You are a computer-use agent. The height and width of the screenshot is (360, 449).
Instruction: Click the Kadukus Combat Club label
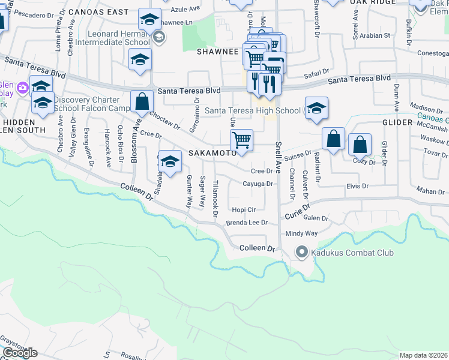pyautogui.click(x=352, y=253)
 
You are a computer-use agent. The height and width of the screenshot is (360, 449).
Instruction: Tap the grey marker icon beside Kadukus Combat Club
pyautogui.click(x=302, y=253)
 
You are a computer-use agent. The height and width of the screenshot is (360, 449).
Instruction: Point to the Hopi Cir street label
pyautogui.click(x=244, y=210)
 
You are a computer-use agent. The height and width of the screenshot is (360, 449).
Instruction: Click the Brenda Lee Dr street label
pyautogui.click(x=246, y=223)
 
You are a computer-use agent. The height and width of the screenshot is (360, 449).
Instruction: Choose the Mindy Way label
pyautogui.click(x=301, y=233)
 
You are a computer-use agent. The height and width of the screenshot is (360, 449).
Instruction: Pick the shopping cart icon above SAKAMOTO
pyautogui.click(x=241, y=140)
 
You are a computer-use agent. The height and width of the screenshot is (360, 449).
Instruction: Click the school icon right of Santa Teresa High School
pyautogui.click(x=316, y=108)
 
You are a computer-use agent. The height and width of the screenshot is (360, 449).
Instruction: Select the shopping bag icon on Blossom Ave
pyautogui.click(x=142, y=101)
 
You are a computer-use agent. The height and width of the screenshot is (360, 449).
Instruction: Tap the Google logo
pyautogui.click(x=20, y=353)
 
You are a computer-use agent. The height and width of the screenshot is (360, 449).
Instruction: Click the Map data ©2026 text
pyautogui.click(x=424, y=355)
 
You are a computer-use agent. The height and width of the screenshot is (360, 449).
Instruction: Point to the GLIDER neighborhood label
pyautogui.click(x=397, y=122)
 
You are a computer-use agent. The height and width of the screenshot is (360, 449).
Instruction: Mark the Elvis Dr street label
pyautogui.click(x=357, y=187)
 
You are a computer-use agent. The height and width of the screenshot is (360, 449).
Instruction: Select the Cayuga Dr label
pyautogui.click(x=258, y=184)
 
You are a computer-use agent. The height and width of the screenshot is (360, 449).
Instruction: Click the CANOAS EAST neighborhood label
pyautogui.click(x=98, y=12)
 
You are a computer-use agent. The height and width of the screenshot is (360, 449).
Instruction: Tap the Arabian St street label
pyautogui.click(x=376, y=36)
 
